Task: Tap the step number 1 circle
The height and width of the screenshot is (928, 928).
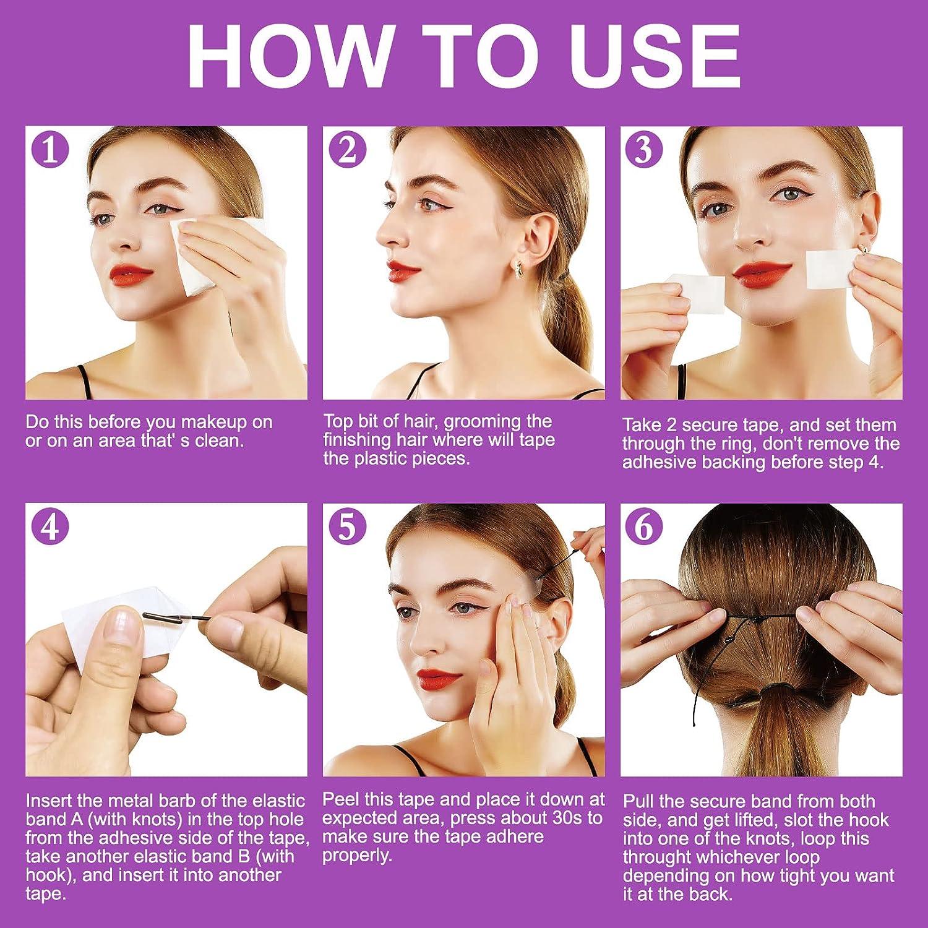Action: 50,150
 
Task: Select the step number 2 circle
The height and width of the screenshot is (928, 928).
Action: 348,150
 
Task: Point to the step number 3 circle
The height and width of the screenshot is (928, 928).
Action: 644,150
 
